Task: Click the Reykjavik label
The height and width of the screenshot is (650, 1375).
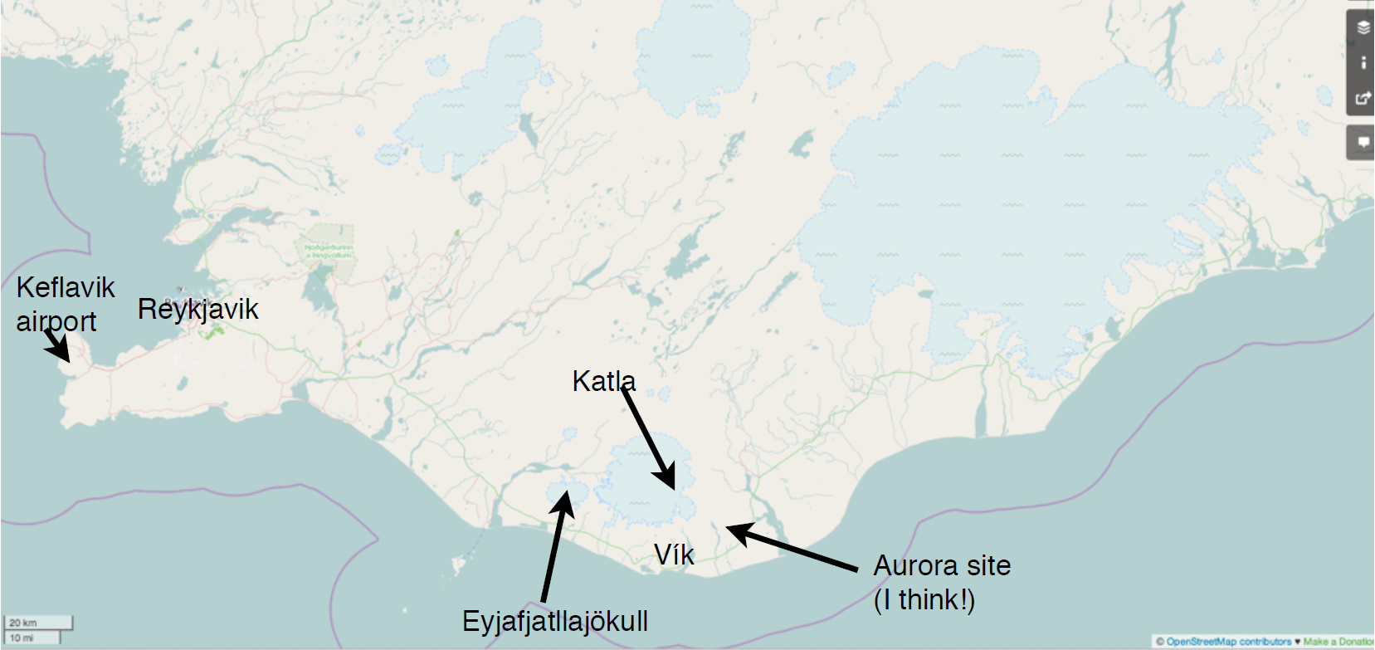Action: point(197,310)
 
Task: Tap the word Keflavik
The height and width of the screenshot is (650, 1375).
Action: point(66,288)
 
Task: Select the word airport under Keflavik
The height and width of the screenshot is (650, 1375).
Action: point(56,321)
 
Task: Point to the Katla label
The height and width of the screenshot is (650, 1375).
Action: point(603,381)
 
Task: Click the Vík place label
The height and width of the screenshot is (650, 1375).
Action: point(673,555)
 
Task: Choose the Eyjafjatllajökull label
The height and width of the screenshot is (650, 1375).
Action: point(554,621)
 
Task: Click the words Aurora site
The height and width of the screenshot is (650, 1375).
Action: point(942,565)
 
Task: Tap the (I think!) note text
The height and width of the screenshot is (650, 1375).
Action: point(924,599)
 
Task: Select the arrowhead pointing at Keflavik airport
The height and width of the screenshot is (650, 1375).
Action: point(62,354)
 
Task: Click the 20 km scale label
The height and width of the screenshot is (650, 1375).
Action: point(23,623)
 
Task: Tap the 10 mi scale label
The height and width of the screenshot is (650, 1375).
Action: point(22,638)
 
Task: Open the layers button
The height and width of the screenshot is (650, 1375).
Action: point(1363,28)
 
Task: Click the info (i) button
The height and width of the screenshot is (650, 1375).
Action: point(1363,63)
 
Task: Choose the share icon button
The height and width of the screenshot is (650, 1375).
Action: point(1363,98)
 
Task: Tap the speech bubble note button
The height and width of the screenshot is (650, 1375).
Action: point(1363,142)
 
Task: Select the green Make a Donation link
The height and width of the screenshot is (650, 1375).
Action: point(1338,642)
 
